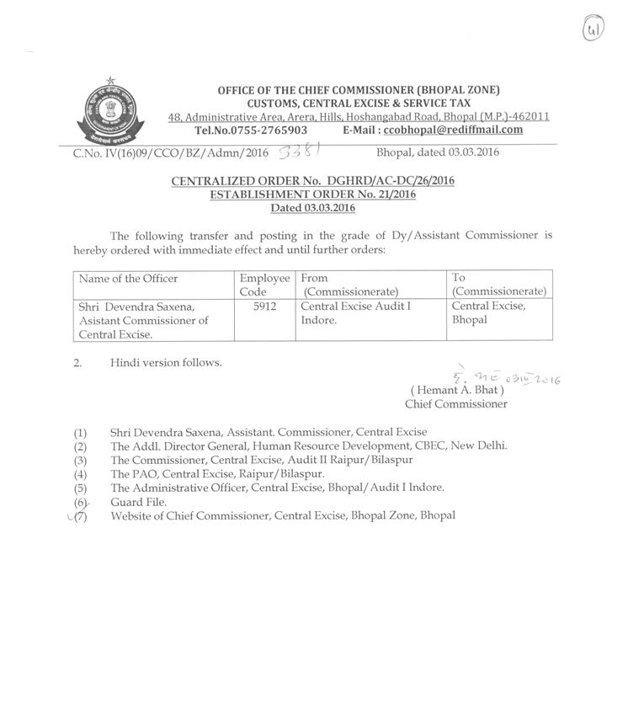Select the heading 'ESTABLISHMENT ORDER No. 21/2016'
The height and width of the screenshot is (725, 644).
pyautogui.click(x=312, y=195)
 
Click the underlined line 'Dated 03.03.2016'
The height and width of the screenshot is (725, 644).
pyautogui.click(x=312, y=208)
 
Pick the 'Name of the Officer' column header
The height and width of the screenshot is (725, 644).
pyautogui.click(x=128, y=279)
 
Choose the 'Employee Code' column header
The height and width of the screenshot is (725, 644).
pyautogui.click(x=264, y=285)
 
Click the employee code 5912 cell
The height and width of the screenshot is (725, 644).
pyautogui.click(x=264, y=307)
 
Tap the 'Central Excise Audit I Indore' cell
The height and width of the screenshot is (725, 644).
pyautogui.click(x=356, y=314)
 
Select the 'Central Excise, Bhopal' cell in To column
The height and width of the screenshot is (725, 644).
pyautogui.click(x=488, y=313)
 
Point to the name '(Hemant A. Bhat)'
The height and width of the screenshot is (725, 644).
pyautogui.click(x=456, y=391)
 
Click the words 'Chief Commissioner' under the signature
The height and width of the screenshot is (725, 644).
pyautogui.click(x=456, y=404)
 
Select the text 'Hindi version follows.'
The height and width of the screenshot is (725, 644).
pyautogui.click(x=166, y=363)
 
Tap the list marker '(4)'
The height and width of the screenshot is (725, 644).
pyautogui.click(x=81, y=474)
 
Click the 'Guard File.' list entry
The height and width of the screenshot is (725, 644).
pyautogui.click(x=138, y=502)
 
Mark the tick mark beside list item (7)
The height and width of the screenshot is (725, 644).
pyautogui.click(x=71, y=515)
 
